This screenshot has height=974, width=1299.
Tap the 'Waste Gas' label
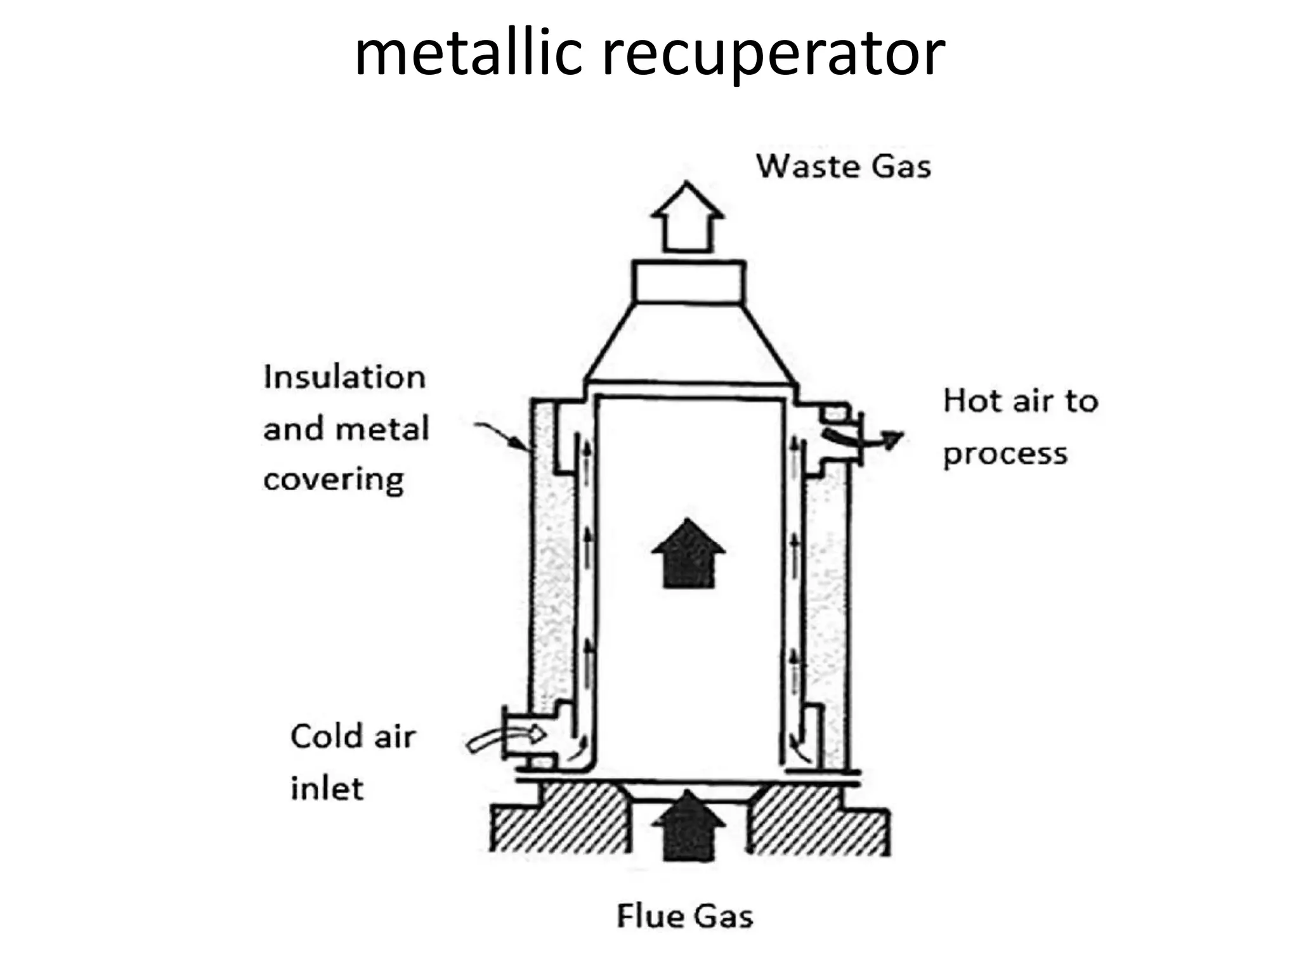843,167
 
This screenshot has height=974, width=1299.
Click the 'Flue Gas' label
684,916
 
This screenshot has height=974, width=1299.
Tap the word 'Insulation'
344,377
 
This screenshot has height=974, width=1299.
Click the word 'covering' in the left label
333,480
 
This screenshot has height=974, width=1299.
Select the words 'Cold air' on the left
353,737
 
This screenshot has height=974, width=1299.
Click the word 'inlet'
327,789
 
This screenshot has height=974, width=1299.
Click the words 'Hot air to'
1020,401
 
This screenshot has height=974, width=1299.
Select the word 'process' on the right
1005,454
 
